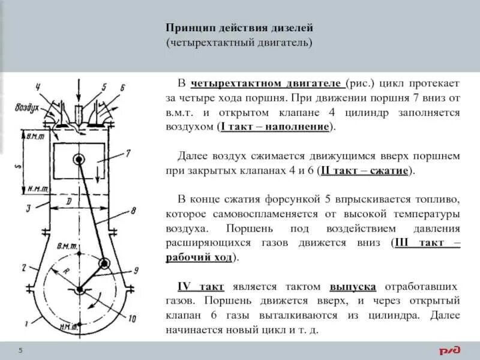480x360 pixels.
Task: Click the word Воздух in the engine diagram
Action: (28, 109)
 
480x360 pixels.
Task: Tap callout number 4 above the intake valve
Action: (38, 88)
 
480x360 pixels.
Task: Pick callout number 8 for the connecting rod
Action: (133, 211)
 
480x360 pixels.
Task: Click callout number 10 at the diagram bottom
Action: (131, 317)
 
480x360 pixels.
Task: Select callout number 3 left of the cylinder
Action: (29, 208)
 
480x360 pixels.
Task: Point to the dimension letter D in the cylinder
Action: (69, 203)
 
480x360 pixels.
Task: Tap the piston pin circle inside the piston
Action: (79, 160)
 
